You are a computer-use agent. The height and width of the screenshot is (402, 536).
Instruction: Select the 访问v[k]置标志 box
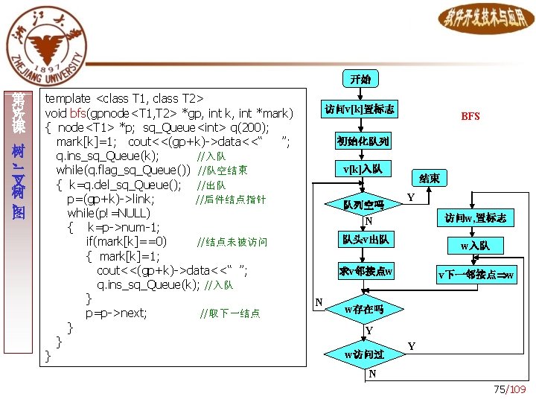[360, 109]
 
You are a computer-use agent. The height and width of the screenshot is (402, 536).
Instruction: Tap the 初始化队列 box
[363, 141]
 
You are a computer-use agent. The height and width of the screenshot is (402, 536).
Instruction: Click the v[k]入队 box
[363, 169]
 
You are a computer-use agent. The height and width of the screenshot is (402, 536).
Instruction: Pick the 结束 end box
[430, 179]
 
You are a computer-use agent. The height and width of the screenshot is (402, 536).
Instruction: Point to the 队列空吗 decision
[363, 205]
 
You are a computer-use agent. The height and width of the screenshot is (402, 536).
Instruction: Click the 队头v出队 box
[365, 240]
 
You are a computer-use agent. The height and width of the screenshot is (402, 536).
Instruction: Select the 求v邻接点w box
[365, 271]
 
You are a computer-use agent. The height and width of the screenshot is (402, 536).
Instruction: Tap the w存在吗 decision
[364, 308]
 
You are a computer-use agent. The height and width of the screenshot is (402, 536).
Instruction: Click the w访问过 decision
[364, 354]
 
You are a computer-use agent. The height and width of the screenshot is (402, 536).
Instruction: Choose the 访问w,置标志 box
[475, 218]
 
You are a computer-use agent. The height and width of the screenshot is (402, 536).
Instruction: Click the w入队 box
[475, 245]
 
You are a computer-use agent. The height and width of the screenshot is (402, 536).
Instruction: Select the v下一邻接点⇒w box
[475, 275]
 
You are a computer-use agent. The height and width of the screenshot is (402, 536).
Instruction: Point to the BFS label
[470, 116]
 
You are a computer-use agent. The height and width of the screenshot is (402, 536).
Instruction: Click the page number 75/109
[510, 390]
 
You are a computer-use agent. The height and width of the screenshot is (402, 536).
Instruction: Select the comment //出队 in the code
[211, 185]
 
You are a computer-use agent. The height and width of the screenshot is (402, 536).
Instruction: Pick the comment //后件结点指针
[230, 200]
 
